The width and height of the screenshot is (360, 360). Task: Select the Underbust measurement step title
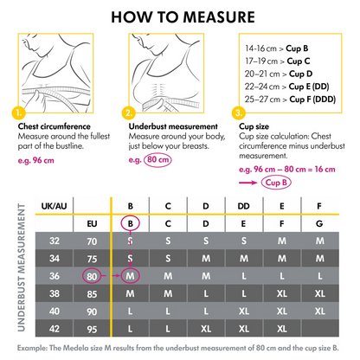[169, 125]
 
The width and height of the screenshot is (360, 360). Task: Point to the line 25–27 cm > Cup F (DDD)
[284, 98]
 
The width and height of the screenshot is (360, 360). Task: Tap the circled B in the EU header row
[130, 223]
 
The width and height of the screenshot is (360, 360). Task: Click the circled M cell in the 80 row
[130, 276]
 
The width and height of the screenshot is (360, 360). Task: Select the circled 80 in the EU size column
[91, 276]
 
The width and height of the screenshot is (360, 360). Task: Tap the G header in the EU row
[319, 223]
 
